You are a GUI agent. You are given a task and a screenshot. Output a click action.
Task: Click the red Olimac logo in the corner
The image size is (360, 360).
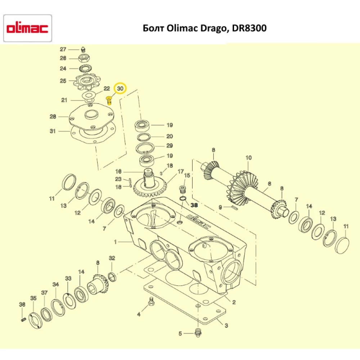(27, 29)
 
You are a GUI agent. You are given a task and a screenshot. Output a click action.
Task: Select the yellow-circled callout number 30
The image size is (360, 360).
(120, 89)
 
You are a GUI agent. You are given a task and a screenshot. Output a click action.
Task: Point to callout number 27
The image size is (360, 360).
(63, 49)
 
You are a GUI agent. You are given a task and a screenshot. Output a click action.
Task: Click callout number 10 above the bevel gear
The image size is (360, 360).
(248, 158)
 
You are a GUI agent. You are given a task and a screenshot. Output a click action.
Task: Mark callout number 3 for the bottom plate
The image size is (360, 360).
(226, 326)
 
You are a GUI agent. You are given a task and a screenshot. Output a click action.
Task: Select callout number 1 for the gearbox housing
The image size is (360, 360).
(116, 242)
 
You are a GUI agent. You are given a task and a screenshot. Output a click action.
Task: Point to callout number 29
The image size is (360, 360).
(170, 146)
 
